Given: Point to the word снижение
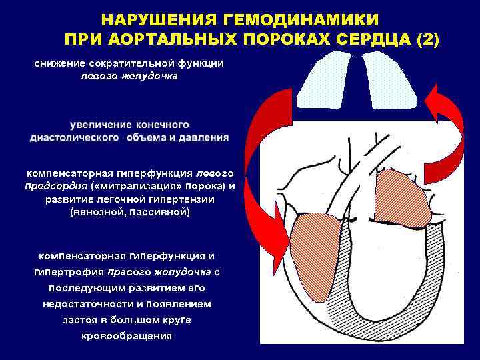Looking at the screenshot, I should coord(61,63).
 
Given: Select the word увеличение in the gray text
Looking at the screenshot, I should coord(100,125).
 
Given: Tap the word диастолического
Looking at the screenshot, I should coord(73,137).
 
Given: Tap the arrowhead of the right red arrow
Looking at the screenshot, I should coord(436,107).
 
